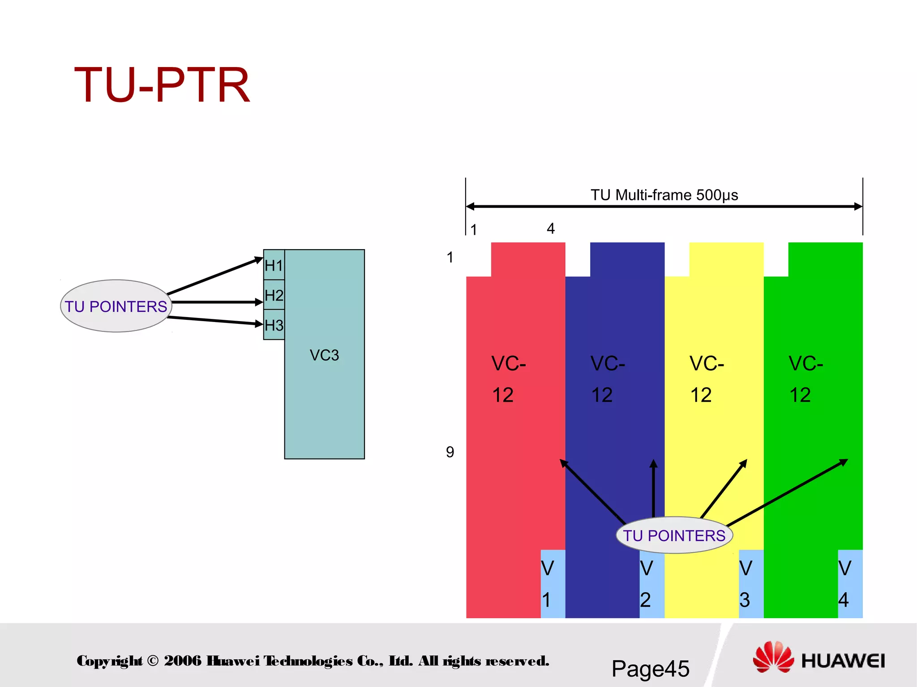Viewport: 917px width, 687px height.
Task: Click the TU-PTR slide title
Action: tap(162, 85)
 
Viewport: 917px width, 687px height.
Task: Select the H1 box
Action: tap(274, 265)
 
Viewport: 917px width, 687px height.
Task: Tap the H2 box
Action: tap(274, 295)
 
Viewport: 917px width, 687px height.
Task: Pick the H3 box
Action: tap(274, 325)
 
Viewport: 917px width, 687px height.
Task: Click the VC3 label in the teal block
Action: tap(324, 355)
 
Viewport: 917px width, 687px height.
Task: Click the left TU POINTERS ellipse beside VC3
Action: tap(116, 306)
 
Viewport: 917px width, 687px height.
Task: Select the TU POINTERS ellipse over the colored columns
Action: tap(674, 535)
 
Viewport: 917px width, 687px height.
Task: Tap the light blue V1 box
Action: tap(553, 584)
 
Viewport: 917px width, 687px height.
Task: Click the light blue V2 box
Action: tap(651, 584)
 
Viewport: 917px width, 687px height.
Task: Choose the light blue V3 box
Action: tap(751, 584)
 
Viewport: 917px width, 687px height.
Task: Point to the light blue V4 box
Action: tap(850, 584)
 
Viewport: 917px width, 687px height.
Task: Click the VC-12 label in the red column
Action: tap(508, 379)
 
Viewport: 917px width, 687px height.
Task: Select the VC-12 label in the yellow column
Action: tap(707, 379)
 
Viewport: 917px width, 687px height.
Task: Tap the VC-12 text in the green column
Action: tap(806, 379)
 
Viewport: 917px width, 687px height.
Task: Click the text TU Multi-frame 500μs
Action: tap(664, 195)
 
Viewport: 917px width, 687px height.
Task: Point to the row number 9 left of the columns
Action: tap(450, 452)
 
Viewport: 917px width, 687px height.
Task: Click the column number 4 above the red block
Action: tap(551, 229)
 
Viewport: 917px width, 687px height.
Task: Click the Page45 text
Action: tap(650, 669)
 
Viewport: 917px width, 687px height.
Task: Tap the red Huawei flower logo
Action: tap(773, 657)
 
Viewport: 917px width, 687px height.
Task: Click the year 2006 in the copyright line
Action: tap(183, 661)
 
